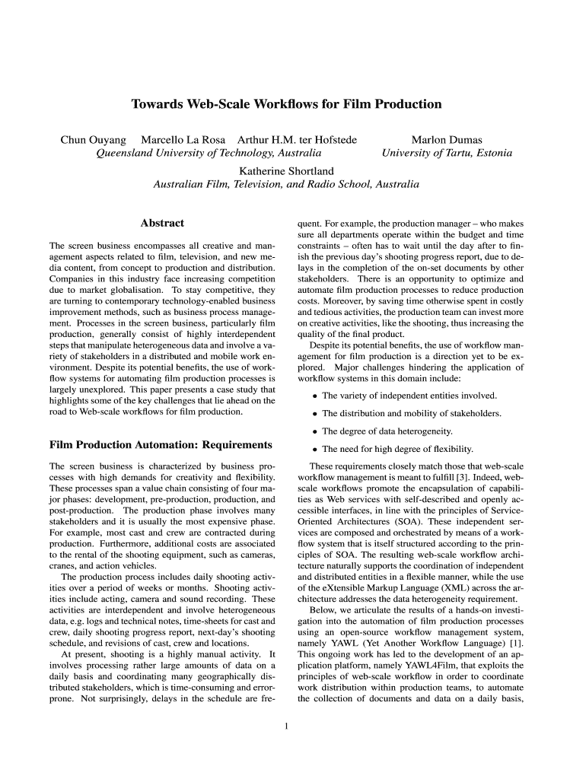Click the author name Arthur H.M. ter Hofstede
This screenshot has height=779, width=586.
pyautogui.click(x=297, y=140)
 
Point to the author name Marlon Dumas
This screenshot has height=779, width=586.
pyautogui.click(x=447, y=140)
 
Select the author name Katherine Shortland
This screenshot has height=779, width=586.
pyautogui.click(x=286, y=171)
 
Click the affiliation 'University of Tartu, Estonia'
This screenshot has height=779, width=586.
pyautogui.click(x=447, y=153)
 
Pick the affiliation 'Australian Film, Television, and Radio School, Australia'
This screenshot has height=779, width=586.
pyautogui.click(x=286, y=184)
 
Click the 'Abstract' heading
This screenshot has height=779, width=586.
pyautogui.click(x=162, y=224)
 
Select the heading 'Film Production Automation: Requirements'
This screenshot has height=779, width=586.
pyautogui.click(x=161, y=444)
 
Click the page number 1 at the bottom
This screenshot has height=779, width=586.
pyautogui.click(x=286, y=725)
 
